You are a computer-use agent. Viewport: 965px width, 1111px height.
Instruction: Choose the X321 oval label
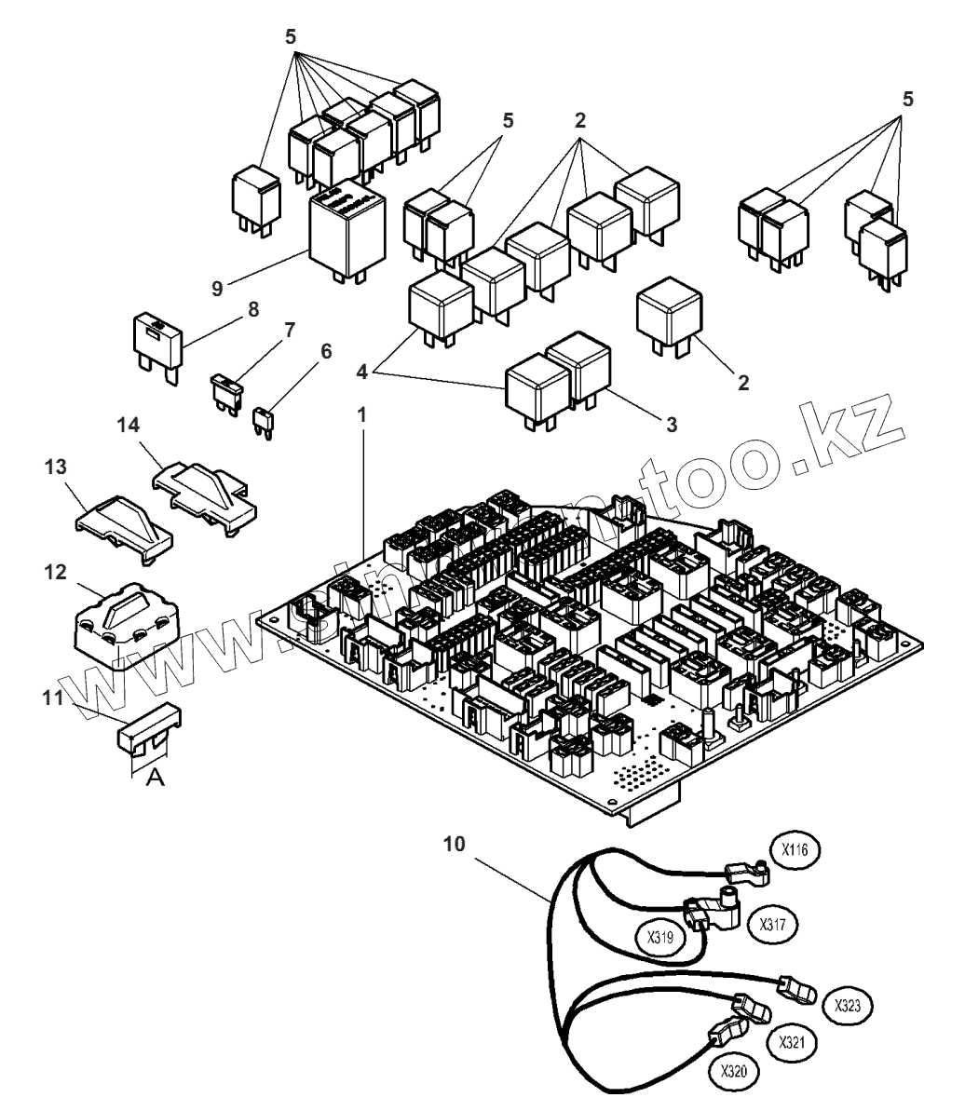pyautogui.click(x=792, y=1039)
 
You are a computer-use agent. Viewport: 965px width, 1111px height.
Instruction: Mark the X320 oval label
pyautogui.click(x=735, y=1072)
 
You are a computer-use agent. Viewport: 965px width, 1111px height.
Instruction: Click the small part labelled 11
pyautogui.click(x=148, y=731)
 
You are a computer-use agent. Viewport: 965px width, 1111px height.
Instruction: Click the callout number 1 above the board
pyautogui.click(x=363, y=413)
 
